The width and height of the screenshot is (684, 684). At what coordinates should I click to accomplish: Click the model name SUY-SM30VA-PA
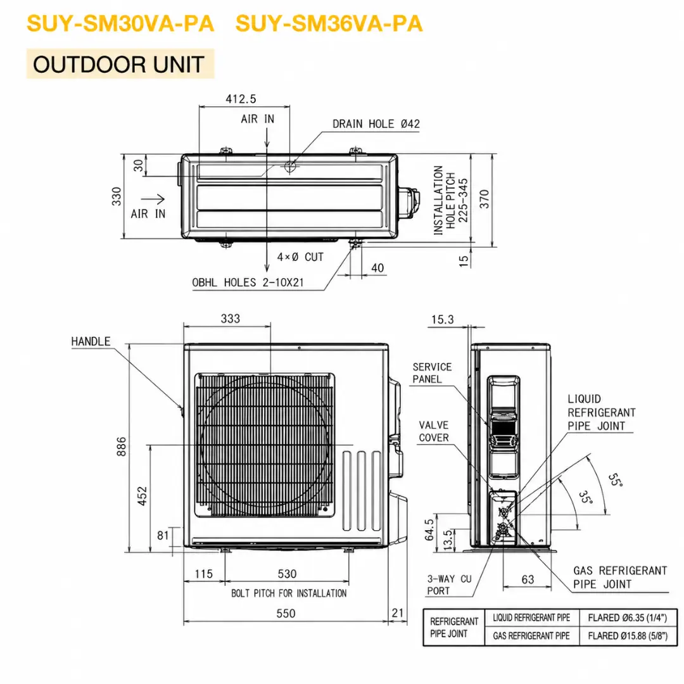(x=120, y=23)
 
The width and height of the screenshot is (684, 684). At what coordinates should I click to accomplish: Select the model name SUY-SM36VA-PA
(x=329, y=23)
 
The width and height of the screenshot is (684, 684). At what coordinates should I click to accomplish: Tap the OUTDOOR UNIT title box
(x=120, y=64)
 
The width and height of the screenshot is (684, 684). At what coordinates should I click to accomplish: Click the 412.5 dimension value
(x=241, y=99)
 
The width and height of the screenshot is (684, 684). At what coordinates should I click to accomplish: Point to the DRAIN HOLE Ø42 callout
(x=376, y=124)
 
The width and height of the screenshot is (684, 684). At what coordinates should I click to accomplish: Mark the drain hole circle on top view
(x=289, y=166)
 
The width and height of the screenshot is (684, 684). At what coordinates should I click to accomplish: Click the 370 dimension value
(x=484, y=199)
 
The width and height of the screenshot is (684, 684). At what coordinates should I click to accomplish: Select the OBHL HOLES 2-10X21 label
(x=248, y=282)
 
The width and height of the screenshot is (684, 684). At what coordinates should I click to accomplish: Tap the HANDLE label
(x=91, y=341)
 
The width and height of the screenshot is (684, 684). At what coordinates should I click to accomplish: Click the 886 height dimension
(x=121, y=446)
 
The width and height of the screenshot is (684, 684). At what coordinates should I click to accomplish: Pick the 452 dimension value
(x=142, y=496)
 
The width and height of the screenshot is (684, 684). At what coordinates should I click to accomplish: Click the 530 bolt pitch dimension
(x=287, y=574)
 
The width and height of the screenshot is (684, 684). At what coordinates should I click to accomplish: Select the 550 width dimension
(x=286, y=613)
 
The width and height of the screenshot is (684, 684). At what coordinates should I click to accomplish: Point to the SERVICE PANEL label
(x=432, y=373)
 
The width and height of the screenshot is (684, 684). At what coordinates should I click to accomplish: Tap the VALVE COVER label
(x=434, y=431)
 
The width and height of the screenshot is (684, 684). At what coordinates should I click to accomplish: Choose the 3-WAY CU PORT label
(x=449, y=585)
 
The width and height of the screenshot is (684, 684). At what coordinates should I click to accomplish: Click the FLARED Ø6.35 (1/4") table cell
(x=628, y=617)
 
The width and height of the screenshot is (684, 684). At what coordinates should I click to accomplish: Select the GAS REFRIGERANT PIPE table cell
(x=531, y=636)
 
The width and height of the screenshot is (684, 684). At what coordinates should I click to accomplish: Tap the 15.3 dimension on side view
(x=442, y=320)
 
